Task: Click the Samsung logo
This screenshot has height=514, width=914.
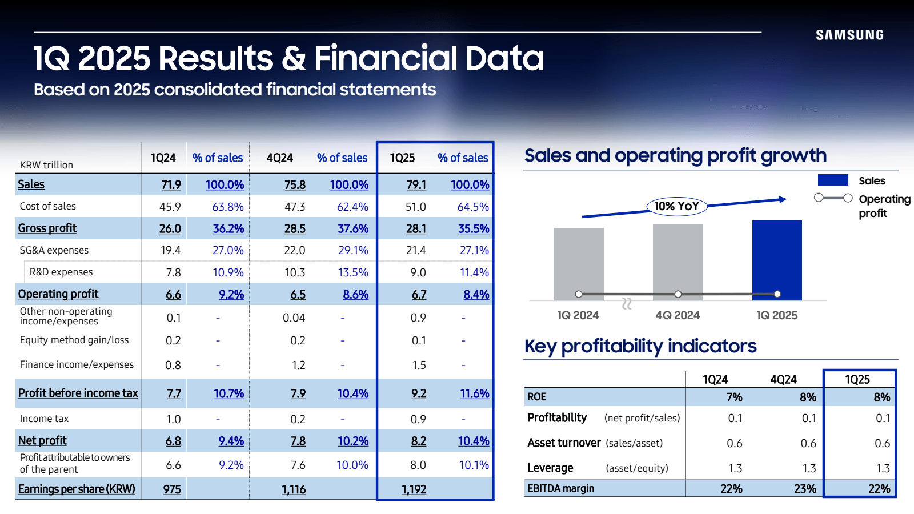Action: tap(849, 35)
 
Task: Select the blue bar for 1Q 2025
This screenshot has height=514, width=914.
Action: tap(777, 260)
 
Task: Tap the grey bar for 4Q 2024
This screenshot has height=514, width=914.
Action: tap(678, 260)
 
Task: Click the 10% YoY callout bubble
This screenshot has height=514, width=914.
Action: tap(677, 206)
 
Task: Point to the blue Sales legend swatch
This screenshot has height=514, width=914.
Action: tap(833, 180)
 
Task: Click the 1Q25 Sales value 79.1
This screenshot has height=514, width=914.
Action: tap(416, 185)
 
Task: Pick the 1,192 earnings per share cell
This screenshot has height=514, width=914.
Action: tap(414, 489)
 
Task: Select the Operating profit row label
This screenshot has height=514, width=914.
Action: tap(58, 294)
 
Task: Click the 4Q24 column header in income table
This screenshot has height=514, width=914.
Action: tap(279, 158)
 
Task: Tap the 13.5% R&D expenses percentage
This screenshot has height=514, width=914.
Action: tap(353, 272)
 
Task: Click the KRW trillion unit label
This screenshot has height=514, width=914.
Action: tap(46, 165)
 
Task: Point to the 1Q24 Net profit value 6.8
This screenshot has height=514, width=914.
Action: tap(173, 441)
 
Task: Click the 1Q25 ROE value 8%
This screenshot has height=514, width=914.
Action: tap(881, 397)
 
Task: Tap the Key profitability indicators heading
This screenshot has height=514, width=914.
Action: tap(640, 346)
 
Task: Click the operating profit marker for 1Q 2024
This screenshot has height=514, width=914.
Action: tap(579, 294)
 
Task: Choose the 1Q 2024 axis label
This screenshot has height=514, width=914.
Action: tap(578, 315)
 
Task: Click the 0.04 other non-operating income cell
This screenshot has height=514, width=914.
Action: tap(294, 318)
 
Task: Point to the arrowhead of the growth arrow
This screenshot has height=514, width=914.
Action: tap(783, 199)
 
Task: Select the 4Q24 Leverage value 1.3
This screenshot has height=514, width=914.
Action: tap(809, 468)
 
